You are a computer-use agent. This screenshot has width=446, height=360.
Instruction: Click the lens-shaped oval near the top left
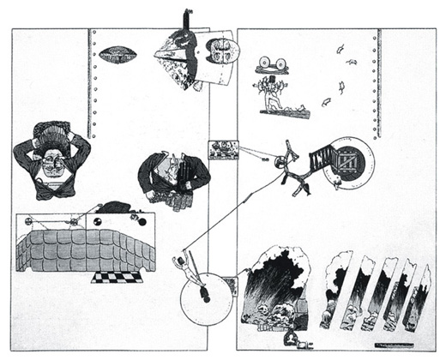coord(118,55)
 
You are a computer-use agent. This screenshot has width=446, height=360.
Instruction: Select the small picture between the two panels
coord(222,150)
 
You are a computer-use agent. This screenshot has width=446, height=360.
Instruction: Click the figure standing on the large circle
coord(189,269)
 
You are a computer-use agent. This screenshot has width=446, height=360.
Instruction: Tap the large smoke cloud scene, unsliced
coord(275,287)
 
